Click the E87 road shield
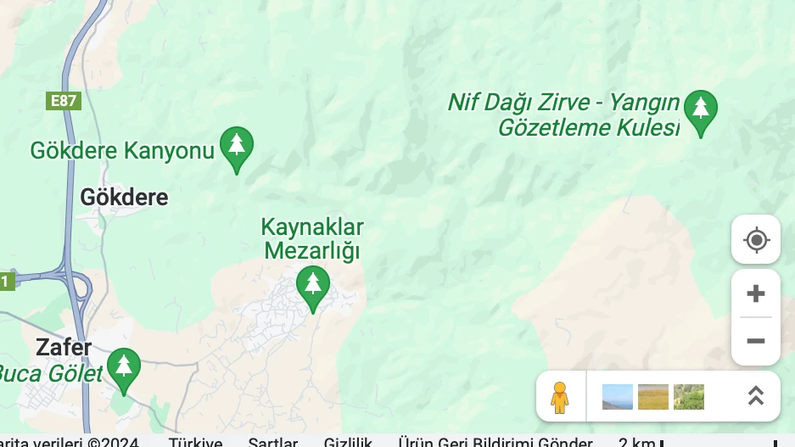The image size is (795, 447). [64, 101]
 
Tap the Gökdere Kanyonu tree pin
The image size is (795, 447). [237, 148]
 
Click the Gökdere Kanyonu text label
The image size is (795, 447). [122, 151]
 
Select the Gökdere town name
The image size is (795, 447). [124, 198]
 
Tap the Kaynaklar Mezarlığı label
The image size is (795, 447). [312, 239]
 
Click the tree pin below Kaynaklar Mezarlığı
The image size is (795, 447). [312, 286]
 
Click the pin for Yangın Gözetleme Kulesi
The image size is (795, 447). [701, 110]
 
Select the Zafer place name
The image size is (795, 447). [64, 347]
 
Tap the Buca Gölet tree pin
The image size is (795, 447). [124, 369]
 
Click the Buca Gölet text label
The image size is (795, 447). [49, 373]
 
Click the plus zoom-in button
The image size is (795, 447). [755, 294]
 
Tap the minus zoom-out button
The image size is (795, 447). [755, 341]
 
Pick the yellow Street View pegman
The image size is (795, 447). [559, 396]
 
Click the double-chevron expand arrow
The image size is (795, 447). [755, 396]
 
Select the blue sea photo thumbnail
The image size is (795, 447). [617, 396]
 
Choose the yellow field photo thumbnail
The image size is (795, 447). [652, 396]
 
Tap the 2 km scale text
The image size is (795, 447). [635, 442]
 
